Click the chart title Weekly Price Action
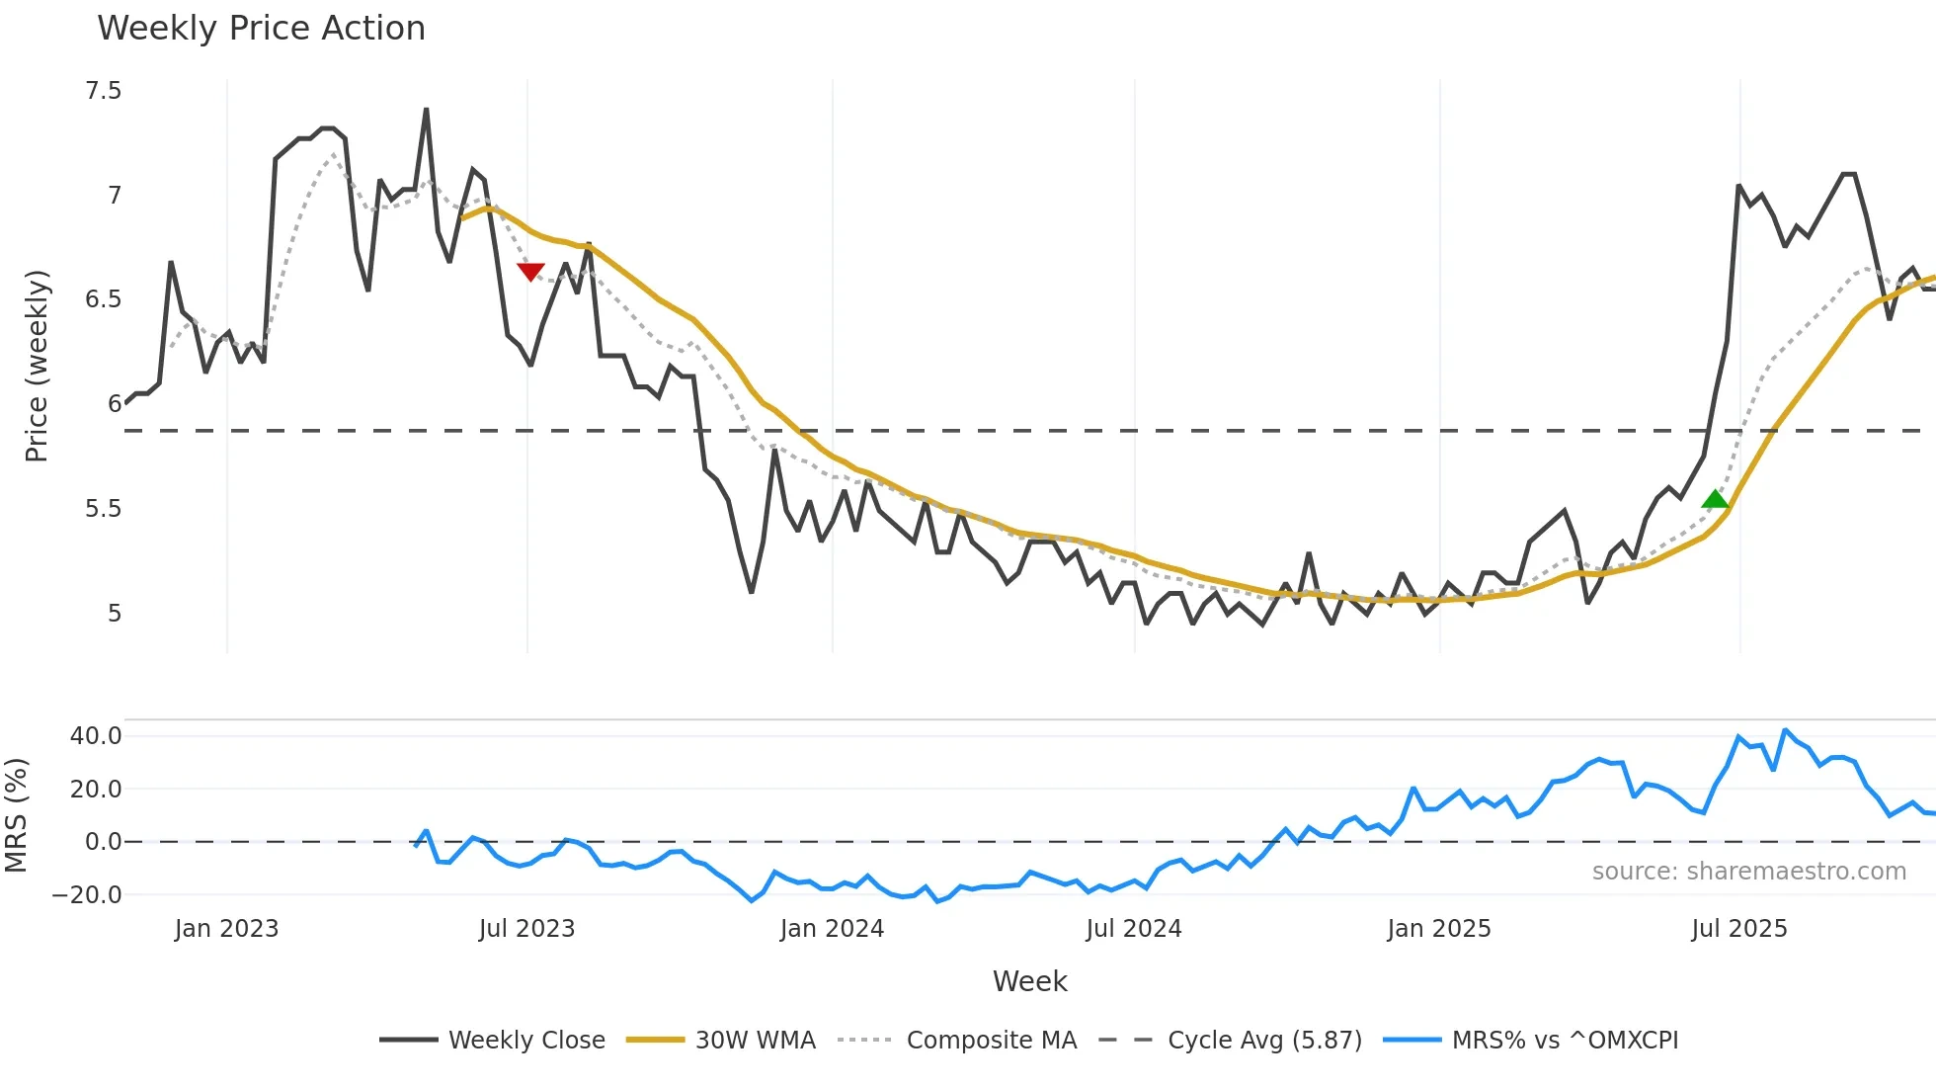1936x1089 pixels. point(261,29)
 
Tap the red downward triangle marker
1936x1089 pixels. point(530,272)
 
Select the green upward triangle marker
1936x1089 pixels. point(1716,499)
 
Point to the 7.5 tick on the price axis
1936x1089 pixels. point(104,91)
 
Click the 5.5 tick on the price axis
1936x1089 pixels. point(104,509)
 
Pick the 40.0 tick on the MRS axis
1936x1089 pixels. point(96,736)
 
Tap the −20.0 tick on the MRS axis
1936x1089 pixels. point(88,895)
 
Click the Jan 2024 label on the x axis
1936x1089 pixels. point(832,929)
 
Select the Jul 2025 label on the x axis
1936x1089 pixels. point(1739,929)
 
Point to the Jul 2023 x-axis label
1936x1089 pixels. point(526,929)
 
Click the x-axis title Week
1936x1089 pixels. point(1029,981)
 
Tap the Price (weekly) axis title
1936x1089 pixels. point(37,366)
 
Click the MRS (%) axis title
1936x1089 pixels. point(16,815)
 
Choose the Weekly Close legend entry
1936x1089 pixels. point(525,1041)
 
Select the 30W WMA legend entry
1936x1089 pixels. point(755,1041)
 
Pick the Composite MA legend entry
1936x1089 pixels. point(991,1041)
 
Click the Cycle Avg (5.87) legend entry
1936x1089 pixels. point(1263,1041)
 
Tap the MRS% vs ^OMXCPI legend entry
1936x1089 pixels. point(1564,1041)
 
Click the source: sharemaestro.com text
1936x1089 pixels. point(1748,872)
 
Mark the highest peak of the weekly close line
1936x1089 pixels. point(426,110)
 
